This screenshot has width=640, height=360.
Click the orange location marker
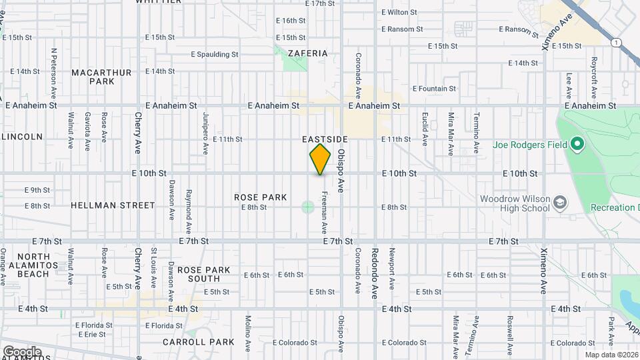pos(320,159)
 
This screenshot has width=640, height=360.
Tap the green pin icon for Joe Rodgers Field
pos(577,145)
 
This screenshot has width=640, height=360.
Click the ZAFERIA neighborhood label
pos(308,53)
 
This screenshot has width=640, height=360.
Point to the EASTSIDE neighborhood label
pos(325,139)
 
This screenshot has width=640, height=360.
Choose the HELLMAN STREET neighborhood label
pos(113,205)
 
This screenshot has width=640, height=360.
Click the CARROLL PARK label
pos(199,342)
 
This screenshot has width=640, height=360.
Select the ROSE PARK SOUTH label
pos(204,274)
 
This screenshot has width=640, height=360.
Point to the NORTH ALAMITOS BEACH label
pos(33,265)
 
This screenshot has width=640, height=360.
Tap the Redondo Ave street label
pos(375,273)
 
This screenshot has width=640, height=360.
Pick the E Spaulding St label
pos(215,55)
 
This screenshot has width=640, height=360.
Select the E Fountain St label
pos(434,89)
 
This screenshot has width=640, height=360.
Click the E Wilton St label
pos(399,12)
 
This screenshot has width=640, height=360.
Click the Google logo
pos(22,351)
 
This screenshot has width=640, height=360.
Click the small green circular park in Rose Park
pos(307,207)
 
